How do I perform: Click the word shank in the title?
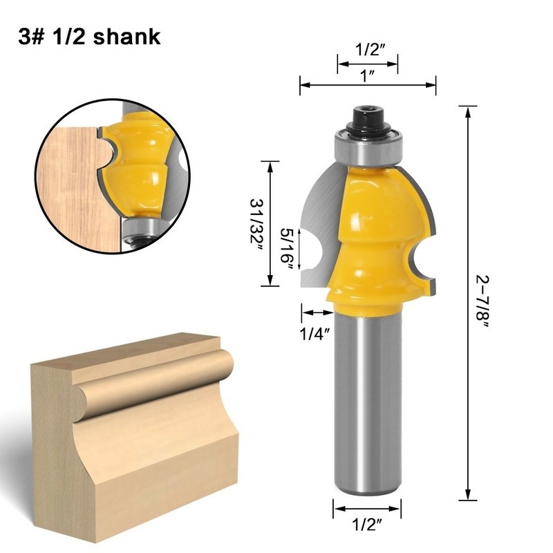[127, 37]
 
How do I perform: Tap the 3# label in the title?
[31, 37]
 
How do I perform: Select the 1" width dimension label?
[368, 76]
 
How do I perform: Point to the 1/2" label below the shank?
[368, 525]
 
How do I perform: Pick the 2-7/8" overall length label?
[482, 302]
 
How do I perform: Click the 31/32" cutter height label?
[256, 225]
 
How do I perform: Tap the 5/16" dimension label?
[286, 250]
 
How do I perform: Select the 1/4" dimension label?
[315, 334]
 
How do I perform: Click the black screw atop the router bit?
[368, 120]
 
